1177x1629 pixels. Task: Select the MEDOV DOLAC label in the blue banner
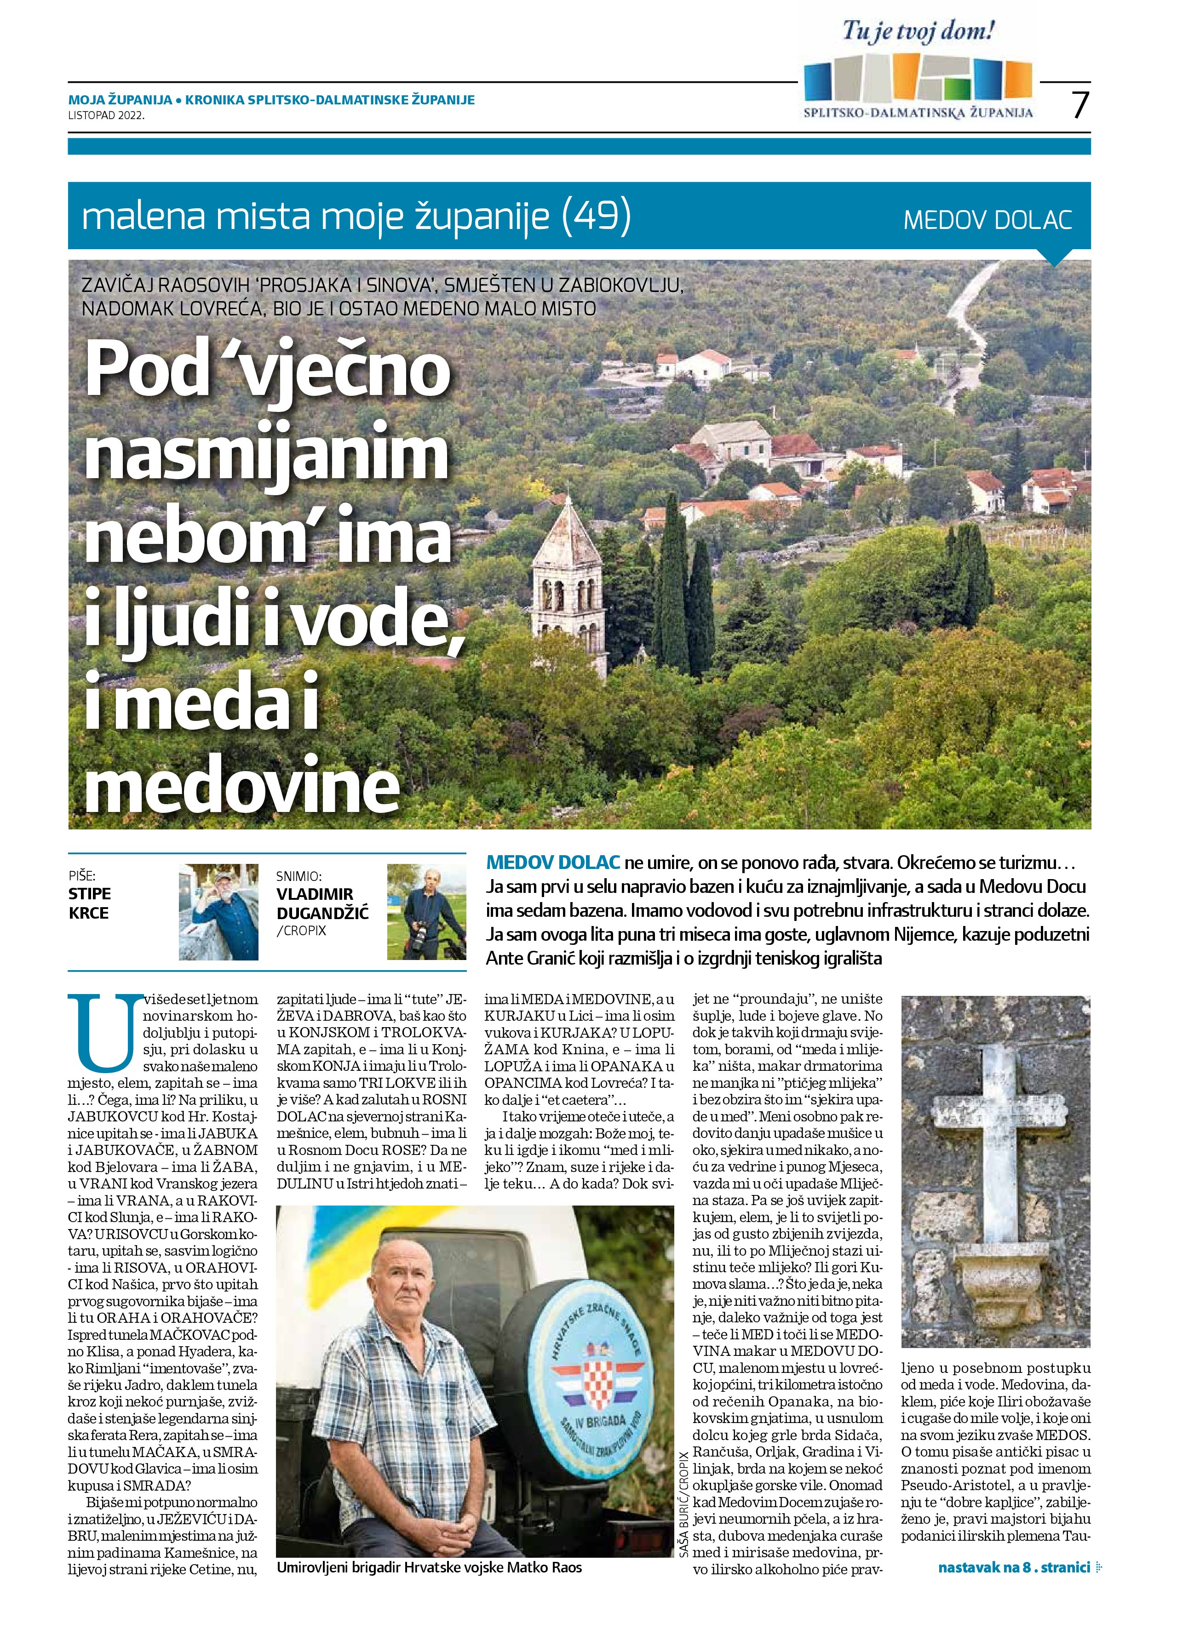tap(988, 219)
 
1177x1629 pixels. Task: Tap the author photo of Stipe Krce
tap(218, 912)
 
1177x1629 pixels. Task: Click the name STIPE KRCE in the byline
tap(90, 903)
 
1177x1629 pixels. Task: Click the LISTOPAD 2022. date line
tap(106, 114)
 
